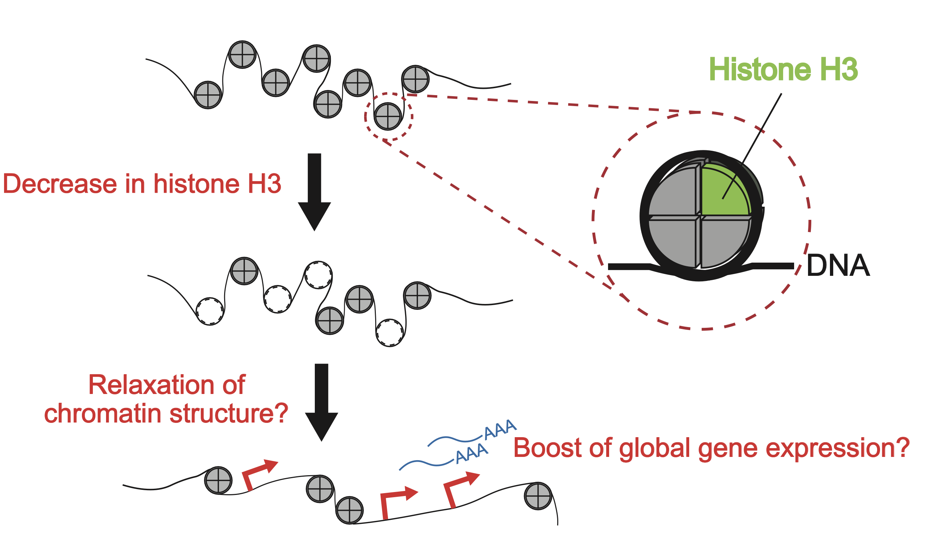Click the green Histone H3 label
[x=783, y=70]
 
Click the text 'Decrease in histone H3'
[x=142, y=184]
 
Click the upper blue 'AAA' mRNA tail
[x=500, y=429]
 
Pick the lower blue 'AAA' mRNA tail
[x=472, y=453]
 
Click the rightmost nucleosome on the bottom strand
[x=537, y=496]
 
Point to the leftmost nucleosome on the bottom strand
[x=218, y=480]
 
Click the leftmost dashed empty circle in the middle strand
[x=209, y=311]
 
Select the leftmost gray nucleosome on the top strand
[x=208, y=95]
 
